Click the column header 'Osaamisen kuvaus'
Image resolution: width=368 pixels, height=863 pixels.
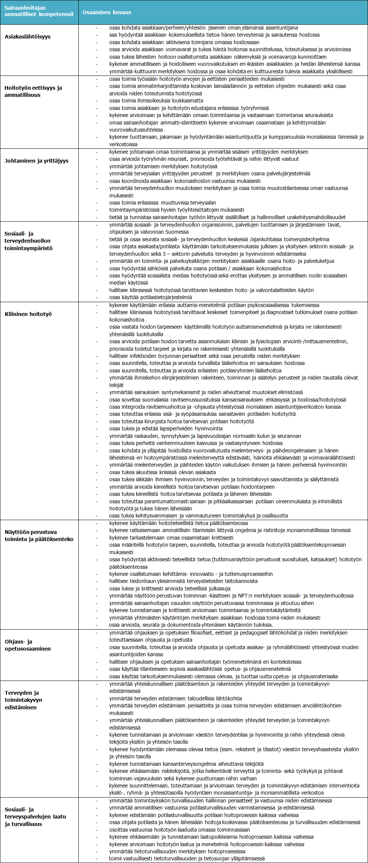tap(107, 12)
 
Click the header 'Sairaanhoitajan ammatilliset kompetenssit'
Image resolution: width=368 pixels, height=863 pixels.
tap(39, 11)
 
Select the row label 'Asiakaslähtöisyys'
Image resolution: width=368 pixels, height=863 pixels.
tap(28, 37)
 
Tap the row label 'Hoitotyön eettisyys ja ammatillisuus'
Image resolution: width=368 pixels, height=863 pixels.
tap(33, 91)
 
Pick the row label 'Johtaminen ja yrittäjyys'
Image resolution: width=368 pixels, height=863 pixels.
tap(37, 161)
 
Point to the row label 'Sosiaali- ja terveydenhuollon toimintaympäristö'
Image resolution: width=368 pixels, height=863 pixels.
tap(28, 241)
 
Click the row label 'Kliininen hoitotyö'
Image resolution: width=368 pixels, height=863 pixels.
tap(28, 314)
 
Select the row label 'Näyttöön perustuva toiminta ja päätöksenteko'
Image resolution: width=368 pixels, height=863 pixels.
tap(39, 535)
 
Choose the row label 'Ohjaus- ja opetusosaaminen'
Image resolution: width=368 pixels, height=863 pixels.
tap(27, 645)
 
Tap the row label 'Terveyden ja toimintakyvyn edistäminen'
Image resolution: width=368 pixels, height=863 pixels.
tap(24, 700)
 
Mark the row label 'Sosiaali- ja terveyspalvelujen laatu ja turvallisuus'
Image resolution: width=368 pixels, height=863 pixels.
tap(35, 817)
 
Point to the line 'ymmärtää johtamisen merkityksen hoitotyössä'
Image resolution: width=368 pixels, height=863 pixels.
tap(163, 166)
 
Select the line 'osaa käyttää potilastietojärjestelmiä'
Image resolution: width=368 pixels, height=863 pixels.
tap(150, 297)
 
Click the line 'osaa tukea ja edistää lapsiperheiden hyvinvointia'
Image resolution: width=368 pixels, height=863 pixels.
tap(166, 429)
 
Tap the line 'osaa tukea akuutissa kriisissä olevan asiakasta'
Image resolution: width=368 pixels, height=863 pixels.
tap(162, 472)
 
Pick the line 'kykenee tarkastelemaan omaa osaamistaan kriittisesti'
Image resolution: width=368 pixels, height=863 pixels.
tap(171, 538)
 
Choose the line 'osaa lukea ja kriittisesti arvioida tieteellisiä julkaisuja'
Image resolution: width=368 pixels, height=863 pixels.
tap(170, 589)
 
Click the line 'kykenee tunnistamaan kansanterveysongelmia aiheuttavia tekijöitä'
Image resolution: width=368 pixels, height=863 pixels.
tap(186, 764)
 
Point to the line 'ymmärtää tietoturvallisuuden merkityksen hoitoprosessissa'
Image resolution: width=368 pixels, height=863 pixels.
tap(177, 851)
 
